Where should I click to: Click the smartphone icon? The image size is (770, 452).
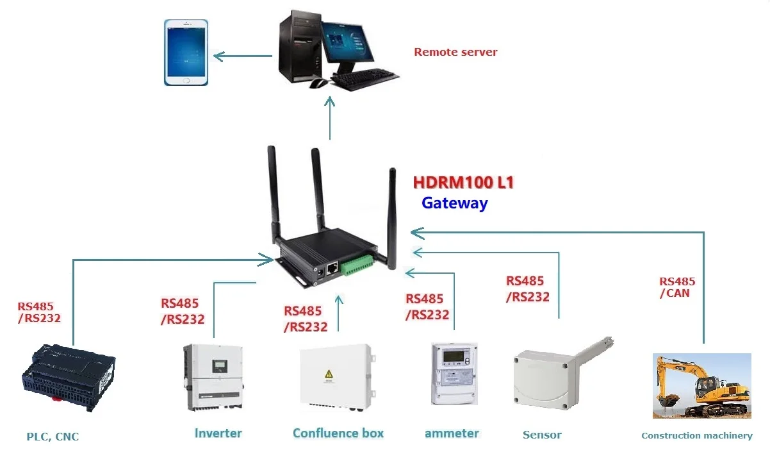(x=186, y=52)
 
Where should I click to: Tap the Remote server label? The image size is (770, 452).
(x=455, y=52)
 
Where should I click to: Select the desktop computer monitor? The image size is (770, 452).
(x=348, y=42)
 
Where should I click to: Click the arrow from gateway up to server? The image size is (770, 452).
(x=330, y=119)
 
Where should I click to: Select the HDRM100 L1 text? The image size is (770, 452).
(x=463, y=183)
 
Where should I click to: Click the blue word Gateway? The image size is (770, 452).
(x=454, y=203)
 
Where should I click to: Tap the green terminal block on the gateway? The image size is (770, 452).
(x=356, y=265)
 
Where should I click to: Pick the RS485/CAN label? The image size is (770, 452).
(x=677, y=287)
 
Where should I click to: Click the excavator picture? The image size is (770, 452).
(x=701, y=385)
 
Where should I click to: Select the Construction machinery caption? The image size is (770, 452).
(x=696, y=436)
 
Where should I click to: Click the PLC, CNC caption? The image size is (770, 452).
(x=53, y=437)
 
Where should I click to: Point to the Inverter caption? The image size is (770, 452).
(x=218, y=433)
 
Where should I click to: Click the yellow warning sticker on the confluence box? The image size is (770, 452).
(x=329, y=374)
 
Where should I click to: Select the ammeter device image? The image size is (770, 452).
(x=454, y=373)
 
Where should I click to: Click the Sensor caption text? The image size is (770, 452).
(x=542, y=435)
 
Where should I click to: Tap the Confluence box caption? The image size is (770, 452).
(x=338, y=433)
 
